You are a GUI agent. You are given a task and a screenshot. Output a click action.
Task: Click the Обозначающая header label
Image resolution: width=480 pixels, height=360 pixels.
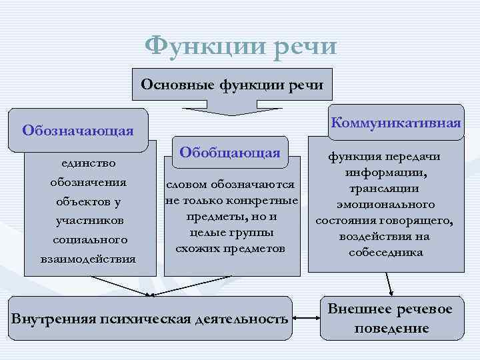pos(78,129)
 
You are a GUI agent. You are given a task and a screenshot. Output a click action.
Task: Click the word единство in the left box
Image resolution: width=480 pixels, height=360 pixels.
pos(88,163)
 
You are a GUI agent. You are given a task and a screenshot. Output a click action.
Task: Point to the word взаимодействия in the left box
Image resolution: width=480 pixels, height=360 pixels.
pos(88,258)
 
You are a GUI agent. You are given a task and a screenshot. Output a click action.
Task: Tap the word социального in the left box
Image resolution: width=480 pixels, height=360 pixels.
pos(88,239)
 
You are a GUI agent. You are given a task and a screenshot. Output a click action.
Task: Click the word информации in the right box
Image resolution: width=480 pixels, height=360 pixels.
pos(386,173)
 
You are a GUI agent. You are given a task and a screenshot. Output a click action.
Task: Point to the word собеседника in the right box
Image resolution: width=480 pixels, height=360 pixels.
pos(386,253)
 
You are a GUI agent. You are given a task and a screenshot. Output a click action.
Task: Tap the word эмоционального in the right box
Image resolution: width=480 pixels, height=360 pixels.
pos(386,205)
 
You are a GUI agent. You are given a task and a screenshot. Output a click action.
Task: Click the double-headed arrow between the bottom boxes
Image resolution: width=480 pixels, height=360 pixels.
pos(307,317)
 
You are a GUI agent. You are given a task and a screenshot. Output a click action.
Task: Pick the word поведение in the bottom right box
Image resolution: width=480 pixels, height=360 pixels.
pos(391,329)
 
